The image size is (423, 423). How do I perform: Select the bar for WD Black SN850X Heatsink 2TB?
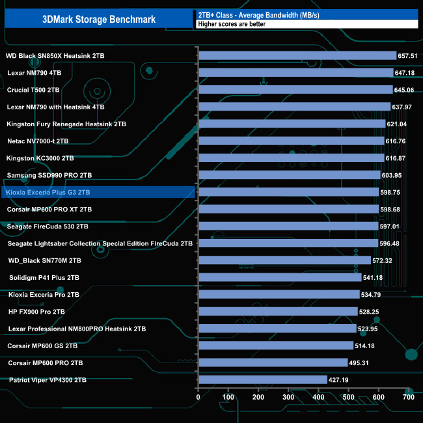click(x=297, y=56)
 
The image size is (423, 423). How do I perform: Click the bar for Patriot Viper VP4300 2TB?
click(x=263, y=379)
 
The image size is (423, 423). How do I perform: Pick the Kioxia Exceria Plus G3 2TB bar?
click(x=288, y=192)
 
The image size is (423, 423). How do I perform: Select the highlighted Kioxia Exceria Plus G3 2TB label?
click(x=48, y=193)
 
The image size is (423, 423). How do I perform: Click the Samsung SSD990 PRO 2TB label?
click(x=49, y=175)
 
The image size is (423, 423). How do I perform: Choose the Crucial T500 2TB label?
click(x=33, y=90)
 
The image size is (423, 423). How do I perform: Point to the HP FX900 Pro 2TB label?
click(x=36, y=312)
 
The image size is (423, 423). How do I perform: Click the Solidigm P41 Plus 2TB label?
click(x=44, y=277)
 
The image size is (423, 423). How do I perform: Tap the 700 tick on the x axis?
click(x=409, y=396)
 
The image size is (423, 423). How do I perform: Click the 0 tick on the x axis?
click(x=198, y=396)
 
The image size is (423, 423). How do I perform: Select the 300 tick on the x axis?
click(x=288, y=396)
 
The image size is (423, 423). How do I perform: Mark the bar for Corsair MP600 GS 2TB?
click(x=276, y=346)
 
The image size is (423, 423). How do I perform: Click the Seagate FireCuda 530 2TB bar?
click(x=288, y=226)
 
